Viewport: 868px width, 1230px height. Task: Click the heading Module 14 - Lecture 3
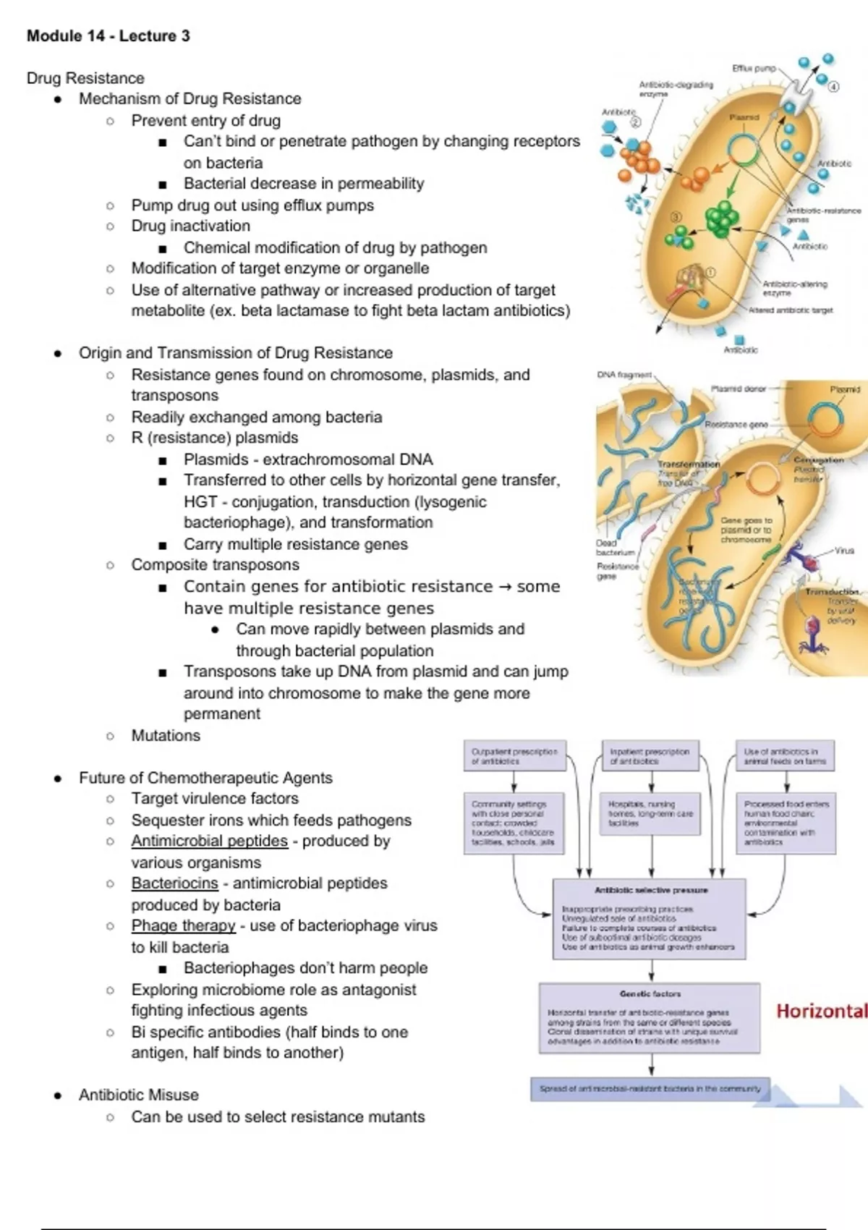click(108, 36)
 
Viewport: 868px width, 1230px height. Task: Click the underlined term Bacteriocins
click(174, 883)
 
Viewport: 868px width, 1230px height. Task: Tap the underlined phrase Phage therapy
click(183, 926)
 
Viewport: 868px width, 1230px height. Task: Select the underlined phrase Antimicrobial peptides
click(209, 841)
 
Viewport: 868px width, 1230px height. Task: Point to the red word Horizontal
click(821, 1011)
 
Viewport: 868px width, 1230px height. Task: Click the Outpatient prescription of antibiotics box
click(514, 756)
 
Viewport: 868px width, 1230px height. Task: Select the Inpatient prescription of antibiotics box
click(650, 756)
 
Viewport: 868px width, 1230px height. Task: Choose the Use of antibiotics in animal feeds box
click(785, 756)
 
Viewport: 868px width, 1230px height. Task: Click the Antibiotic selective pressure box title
click(651, 891)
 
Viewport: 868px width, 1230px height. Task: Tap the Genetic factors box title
click(650, 994)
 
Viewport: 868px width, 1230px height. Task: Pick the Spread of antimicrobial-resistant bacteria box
click(650, 1088)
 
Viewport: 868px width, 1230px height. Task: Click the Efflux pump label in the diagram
click(754, 69)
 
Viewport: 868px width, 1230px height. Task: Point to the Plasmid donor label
click(738, 389)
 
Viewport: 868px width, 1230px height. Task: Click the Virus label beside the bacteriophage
click(844, 551)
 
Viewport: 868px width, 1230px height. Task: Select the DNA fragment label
click(624, 375)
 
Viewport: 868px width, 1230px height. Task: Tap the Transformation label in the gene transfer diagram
click(689, 464)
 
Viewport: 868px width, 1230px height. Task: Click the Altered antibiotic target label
click(791, 310)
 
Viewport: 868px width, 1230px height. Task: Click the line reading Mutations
click(166, 736)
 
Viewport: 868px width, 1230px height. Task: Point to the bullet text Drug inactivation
click(190, 226)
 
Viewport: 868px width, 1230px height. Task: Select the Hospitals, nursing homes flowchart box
click(651, 814)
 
